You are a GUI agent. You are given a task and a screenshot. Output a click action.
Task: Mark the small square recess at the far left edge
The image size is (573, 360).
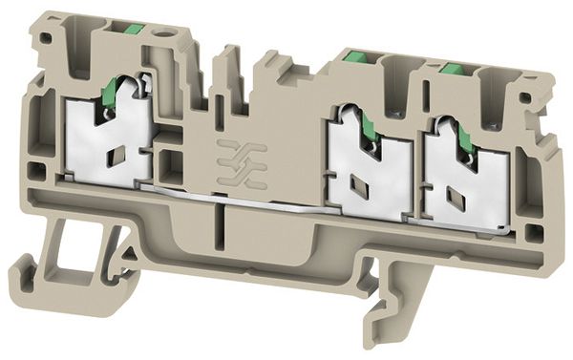point(35,172)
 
